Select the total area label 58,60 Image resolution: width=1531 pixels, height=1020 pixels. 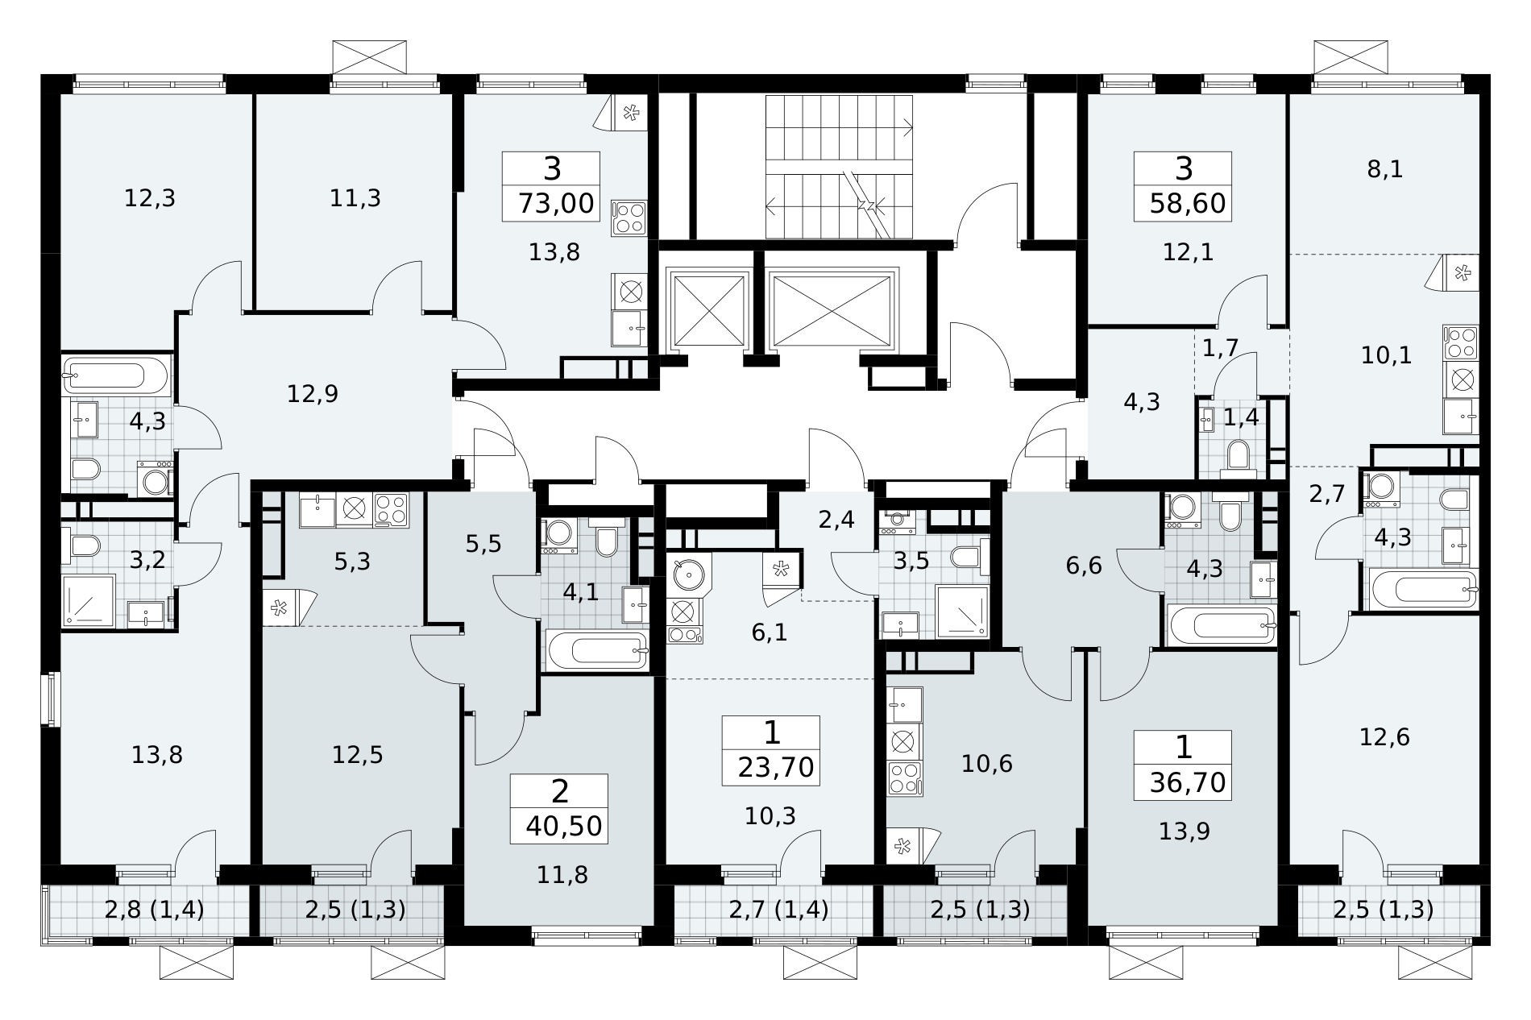pyautogui.click(x=1188, y=203)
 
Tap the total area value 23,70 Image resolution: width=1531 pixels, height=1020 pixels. pyautogui.click(x=775, y=767)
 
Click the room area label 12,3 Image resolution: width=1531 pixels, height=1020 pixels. pyautogui.click(x=150, y=197)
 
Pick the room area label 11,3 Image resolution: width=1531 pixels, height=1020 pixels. pyautogui.click(x=355, y=197)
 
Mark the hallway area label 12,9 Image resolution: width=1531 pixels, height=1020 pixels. pyautogui.click(x=313, y=394)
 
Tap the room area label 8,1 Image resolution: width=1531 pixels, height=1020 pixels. pyautogui.click(x=1386, y=169)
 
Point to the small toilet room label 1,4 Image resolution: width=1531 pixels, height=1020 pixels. pyautogui.click(x=1241, y=417)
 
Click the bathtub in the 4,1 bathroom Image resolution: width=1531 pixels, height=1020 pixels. pyautogui.click(x=597, y=650)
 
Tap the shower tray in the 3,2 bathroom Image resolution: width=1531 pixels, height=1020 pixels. pyautogui.click(x=90, y=600)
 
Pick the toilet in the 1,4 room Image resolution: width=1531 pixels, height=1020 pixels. pyautogui.click(x=1238, y=454)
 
